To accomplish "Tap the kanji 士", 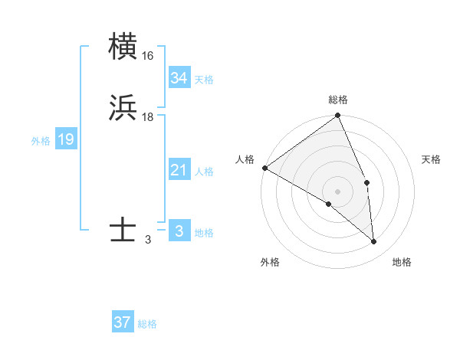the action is (x=123, y=231).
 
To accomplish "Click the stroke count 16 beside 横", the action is (x=148, y=56).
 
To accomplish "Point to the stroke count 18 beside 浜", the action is (x=148, y=116).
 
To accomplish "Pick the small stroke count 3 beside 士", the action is (x=148, y=239).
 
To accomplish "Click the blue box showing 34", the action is (x=179, y=78).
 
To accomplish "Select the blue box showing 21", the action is (x=179, y=170).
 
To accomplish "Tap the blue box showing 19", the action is (x=65, y=139).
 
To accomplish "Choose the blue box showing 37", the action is (x=123, y=322).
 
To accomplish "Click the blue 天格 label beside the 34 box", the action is (x=204, y=80).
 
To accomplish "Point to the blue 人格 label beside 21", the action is (x=204, y=172).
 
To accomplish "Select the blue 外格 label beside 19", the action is (x=40, y=141).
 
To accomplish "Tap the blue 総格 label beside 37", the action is (x=147, y=324).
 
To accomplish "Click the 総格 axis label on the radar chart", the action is (x=337, y=100).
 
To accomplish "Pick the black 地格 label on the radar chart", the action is (x=402, y=262).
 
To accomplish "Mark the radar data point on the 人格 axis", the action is (x=264, y=168).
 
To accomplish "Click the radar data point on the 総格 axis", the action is (x=337, y=116).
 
